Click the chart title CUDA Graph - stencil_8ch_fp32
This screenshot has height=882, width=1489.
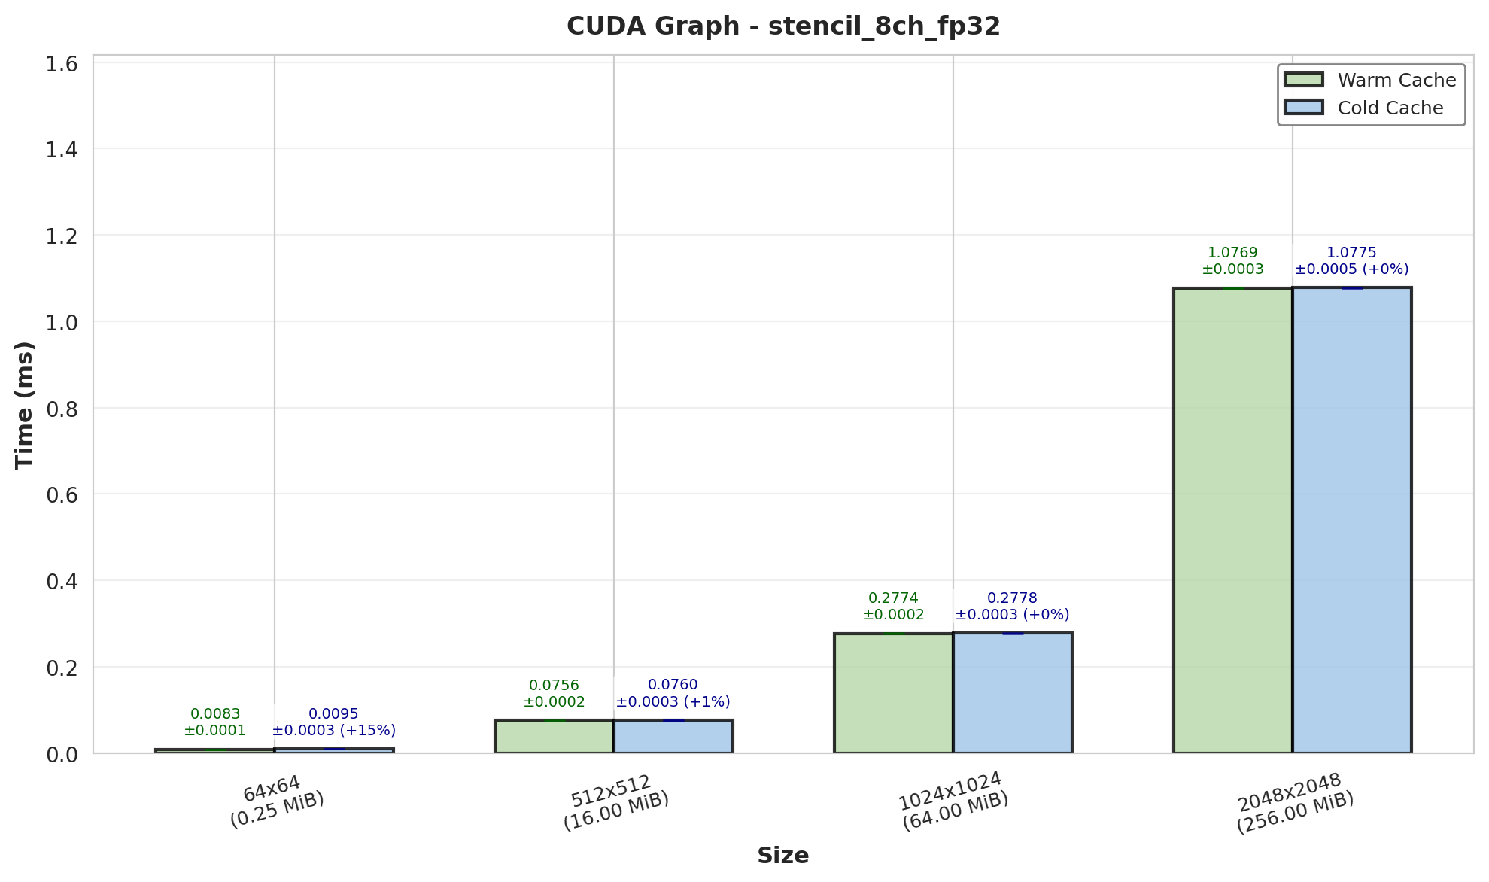click(783, 26)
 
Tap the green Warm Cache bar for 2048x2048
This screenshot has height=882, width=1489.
click(1232, 519)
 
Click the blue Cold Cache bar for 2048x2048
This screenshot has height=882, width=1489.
click(1351, 519)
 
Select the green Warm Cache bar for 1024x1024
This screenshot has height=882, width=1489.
click(893, 692)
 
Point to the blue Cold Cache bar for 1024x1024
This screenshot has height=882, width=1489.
click(1012, 692)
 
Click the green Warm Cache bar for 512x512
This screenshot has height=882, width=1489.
click(554, 736)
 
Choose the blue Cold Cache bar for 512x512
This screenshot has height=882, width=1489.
click(673, 736)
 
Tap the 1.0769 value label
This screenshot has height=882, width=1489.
click(1232, 253)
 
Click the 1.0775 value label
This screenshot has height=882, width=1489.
click(1351, 253)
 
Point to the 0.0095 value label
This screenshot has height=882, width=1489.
click(333, 714)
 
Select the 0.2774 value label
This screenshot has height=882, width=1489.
click(893, 598)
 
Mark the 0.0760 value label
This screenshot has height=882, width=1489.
click(673, 685)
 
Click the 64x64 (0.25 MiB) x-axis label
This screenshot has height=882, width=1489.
click(275, 801)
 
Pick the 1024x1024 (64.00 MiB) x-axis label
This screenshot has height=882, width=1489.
click(953, 801)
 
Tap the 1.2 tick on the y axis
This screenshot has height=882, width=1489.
click(62, 236)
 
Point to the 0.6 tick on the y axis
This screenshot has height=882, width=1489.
click(62, 495)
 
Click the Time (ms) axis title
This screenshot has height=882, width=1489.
click(25, 405)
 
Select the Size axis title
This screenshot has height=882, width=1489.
click(782, 856)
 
